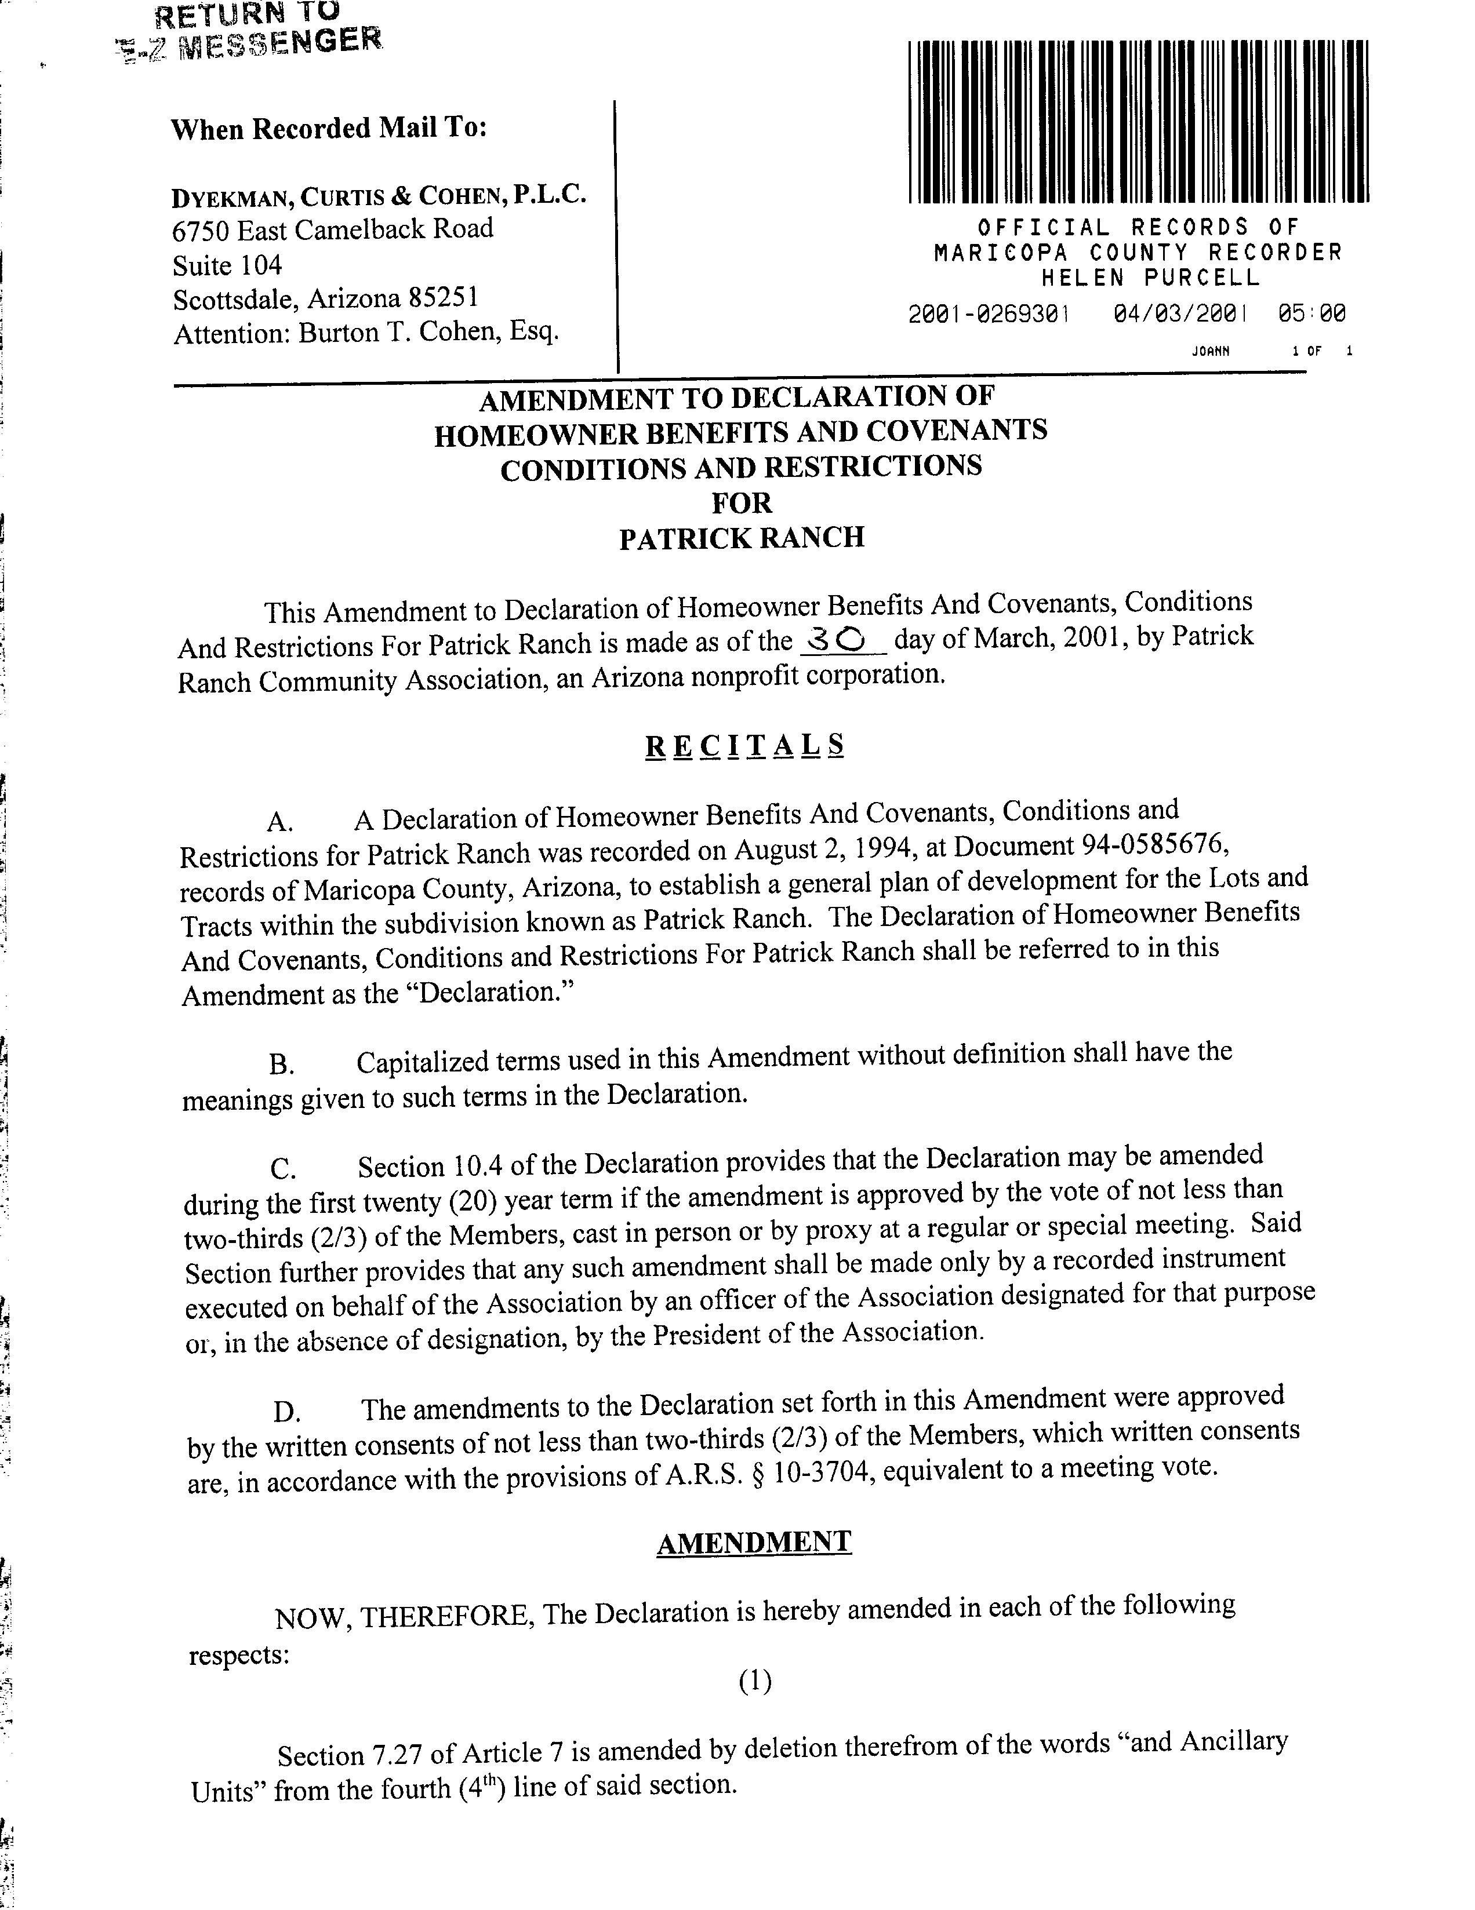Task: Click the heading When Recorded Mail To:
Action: (328, 129)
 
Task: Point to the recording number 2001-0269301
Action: (989, 313)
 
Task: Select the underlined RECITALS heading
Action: (744, 745)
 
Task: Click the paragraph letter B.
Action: (281, 1065)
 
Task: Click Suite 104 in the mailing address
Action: (227, 264)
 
